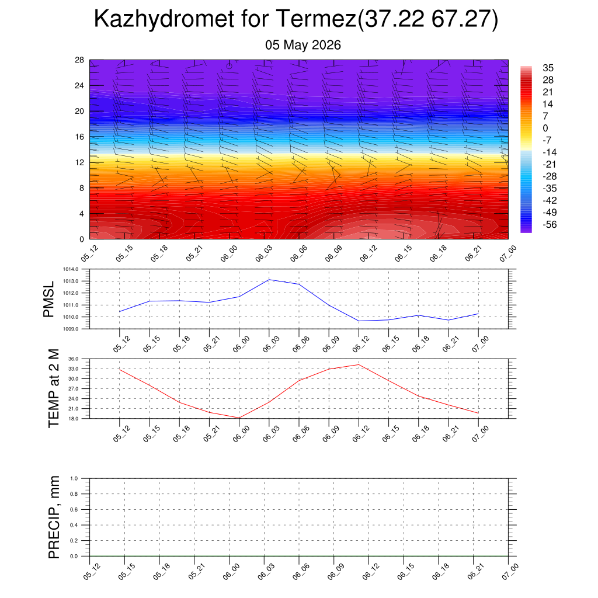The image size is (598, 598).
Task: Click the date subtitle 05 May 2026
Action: pyautogui.click(x=303, y=45)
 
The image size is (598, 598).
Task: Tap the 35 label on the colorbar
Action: pyautogui.click(x=548, y=68)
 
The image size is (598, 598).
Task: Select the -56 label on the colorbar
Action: pyautogui.click(x=550, y=225)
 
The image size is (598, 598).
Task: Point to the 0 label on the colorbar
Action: pyautogui.click(x=545, y=128)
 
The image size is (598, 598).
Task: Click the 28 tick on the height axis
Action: pyautogui.click(x=79, y=60)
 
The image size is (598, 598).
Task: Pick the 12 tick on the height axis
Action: pyautogui.click(x=79, y=162)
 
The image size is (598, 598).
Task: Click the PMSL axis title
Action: pyautogui.click(x=48, y=300)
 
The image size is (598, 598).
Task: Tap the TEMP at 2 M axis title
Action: pyautogui.click(x=54, y=388)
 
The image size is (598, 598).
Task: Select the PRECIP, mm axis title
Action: pyautogui.click(x=54, y=517)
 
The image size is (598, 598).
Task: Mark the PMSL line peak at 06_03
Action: pyautogui.click(x=269, y=280)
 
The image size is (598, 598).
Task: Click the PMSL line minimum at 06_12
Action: pyautogui.click(x=359, y=321)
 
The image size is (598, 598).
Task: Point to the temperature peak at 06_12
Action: pyautogui.click(x=359, y=364)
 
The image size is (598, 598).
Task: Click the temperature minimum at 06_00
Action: pyautogui.click(x=239, y=418)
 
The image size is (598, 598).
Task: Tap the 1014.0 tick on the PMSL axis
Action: pyautogui.click(x=71, y=269)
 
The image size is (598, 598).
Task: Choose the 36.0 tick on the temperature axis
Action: pyautogui.click(x=73, y=359)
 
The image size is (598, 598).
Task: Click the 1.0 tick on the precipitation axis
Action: pyautogui.click(x=74, y=478)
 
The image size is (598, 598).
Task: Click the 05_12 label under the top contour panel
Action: pyautogui.click(x=89, y=253)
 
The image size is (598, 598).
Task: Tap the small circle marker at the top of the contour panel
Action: pyautogui.click(x=229, y=66)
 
